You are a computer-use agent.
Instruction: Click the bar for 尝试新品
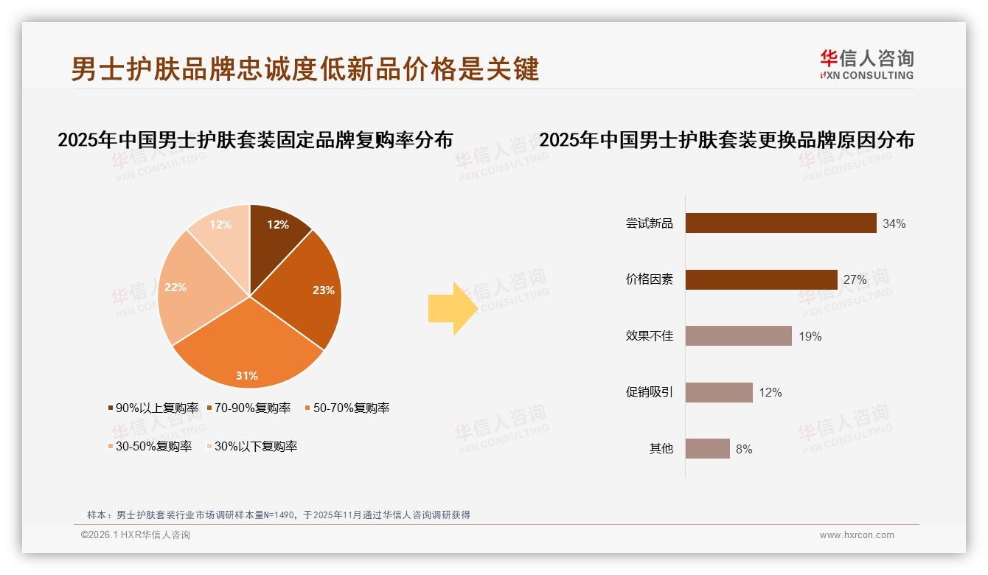coord(780,223)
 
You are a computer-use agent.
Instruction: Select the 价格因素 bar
coord(761,280)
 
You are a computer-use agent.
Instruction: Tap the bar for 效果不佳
coord(738,336)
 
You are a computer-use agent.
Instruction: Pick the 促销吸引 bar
coord(719,392)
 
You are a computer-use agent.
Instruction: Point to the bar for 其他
coord(707,448)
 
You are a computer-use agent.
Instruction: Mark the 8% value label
coord(744,449)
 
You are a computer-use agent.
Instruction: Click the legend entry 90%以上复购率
coord(153,408)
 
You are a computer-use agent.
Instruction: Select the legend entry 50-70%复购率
coord(347,408)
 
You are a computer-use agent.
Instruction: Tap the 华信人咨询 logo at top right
coord(866,65)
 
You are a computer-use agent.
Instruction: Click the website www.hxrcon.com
coord(857,535)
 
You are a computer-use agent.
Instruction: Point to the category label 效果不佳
coord(649,337)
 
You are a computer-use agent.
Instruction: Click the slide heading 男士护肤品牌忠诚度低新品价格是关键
coord(305,69)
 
